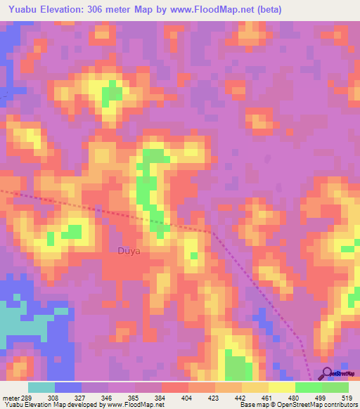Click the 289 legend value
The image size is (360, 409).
27,397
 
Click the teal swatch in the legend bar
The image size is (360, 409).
41,387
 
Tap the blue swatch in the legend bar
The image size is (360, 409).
68,387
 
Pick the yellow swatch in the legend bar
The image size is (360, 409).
281,387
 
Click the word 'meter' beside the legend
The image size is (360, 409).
9,397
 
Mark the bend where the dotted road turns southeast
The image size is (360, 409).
210,231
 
